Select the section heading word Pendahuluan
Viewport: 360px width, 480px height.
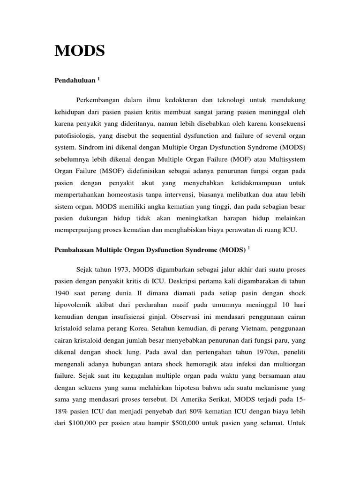pos(75,81)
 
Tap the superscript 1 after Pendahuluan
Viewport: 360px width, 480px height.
pos(99,79)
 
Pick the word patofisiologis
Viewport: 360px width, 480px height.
pos(75,136)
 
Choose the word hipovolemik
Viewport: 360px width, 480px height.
pos(75,306)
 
